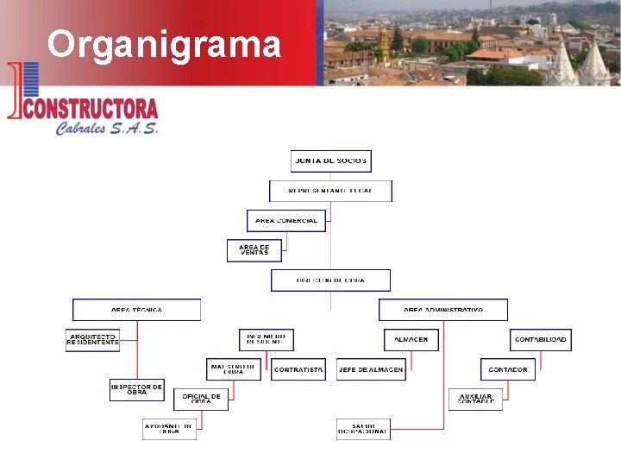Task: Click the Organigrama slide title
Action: pyautogui.click(x=164, y=44)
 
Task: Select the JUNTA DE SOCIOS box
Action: pyautogui.click(x=331, y=161)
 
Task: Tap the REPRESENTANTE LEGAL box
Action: pyautogui.click(x=330, y=191)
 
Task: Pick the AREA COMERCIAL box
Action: pyautogui.click(x=286, y=220)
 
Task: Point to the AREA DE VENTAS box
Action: pyautogui.click(x=254, y=249)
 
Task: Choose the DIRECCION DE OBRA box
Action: pyautogui.click(x=330, y=280)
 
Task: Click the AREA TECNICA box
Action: pyautogui.click(x=136, y=310)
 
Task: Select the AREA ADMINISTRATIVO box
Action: pyautogui.click(x=443, y=310)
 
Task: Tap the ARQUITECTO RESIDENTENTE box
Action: pyautogui.click(x=92, y=339)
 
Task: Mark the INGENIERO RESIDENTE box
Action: pyautogui.click(x=267, y=339)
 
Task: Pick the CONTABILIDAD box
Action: pyautogui.click(x=541, y=339)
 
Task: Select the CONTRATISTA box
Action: pyautogui.click(x=298, y=369)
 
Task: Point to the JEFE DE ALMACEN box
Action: pyautogui.click(x=370, y=369)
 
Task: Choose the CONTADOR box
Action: pyautogui.click(x=508, y=369)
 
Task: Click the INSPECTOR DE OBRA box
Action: pyautogui.click(x=136, y=389)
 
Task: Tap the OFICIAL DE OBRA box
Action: pyautogui.click(x=201, y=399)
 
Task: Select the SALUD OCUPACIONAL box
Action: pyautogui.click(x=363, y=428)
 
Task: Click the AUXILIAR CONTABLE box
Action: pyautogui.click(x=475, y=399)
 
